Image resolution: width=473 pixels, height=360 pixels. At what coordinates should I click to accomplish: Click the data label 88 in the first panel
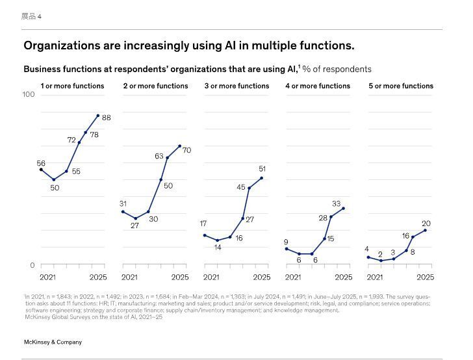(107, 118)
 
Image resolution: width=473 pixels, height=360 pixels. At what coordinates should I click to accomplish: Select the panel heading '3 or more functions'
(236, 86)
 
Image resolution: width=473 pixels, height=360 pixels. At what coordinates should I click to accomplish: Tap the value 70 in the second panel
(186, 150)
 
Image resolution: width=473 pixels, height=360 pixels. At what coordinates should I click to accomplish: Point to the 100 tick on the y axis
(28, 95)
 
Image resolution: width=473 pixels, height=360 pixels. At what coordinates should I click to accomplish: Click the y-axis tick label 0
(32, 265)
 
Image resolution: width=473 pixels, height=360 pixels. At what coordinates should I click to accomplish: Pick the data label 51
(262, 169)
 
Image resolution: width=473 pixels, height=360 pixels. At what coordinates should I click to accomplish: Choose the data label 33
(337, 204)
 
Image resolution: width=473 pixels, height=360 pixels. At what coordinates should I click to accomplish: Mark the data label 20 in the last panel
(426, 224)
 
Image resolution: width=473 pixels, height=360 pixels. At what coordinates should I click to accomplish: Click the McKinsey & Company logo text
(53, 342)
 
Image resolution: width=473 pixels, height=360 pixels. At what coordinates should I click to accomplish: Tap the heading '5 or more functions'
(401, 86)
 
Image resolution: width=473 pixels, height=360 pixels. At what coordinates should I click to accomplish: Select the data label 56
(41, 164)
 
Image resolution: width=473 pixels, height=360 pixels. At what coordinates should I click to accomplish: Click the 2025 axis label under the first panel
(97, 277)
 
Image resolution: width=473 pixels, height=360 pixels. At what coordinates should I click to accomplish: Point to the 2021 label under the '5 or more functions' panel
(375, 277)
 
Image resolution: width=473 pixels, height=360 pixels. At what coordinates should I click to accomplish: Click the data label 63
(159, 157)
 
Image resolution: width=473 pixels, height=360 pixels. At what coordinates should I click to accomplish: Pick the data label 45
(241, 187)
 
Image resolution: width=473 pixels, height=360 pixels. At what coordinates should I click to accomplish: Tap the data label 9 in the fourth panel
(286, 242)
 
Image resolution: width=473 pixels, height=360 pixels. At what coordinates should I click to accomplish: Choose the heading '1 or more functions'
(72, 86)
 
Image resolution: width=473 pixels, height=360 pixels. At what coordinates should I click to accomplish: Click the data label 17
(203, 224)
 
